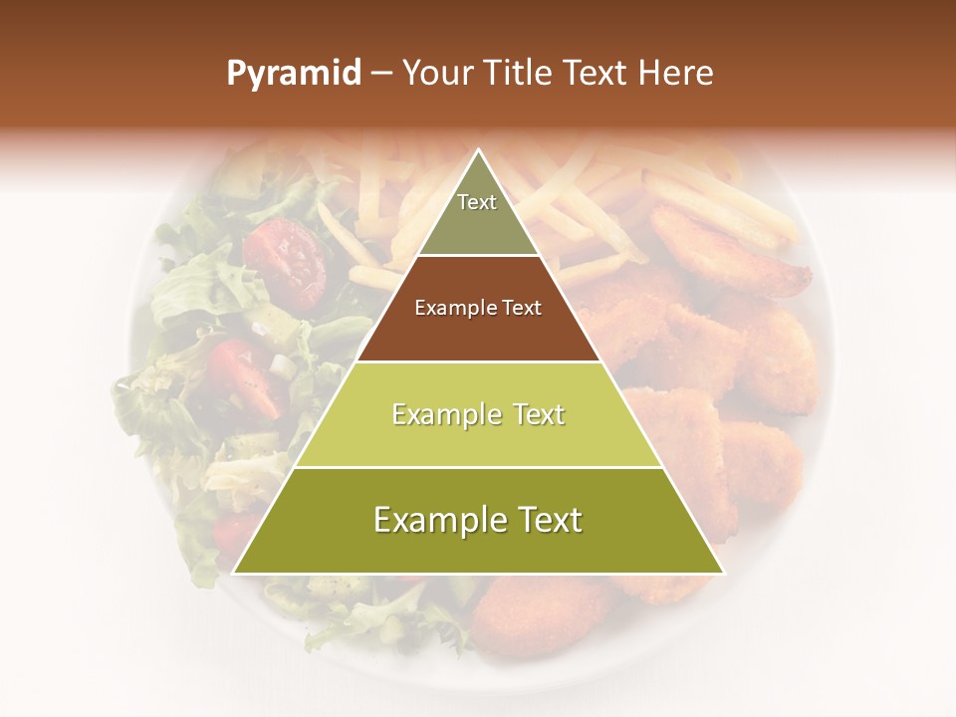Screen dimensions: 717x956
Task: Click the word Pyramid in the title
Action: tap(294, 74)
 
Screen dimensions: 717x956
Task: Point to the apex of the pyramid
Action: tap(478, 151)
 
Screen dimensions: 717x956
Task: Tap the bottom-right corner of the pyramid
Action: tap(722, 573)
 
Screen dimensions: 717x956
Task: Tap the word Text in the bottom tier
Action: tap(542, 521)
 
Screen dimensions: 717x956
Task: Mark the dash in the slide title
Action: tap(381, 74)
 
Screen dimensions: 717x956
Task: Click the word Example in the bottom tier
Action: tap(435, 521)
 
